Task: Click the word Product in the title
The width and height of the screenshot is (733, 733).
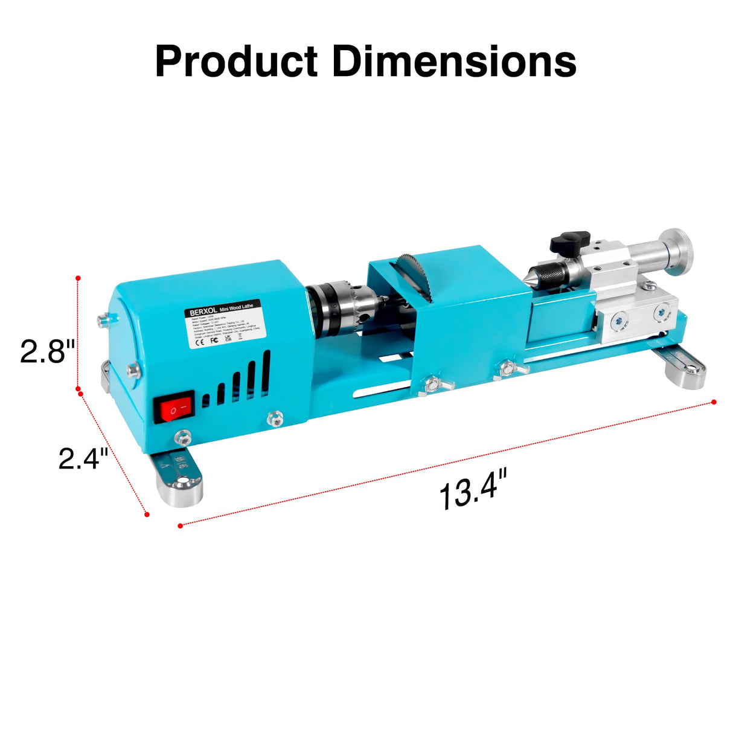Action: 236,62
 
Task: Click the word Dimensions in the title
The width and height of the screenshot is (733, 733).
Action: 454,62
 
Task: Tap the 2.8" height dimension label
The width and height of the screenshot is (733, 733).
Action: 47,351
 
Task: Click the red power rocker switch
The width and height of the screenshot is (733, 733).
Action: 174,409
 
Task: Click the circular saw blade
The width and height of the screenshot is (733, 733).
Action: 414,278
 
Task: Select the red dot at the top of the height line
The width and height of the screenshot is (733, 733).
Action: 78,278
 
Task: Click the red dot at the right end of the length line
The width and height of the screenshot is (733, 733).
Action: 714,402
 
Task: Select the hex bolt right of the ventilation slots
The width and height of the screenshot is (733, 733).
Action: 275,417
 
